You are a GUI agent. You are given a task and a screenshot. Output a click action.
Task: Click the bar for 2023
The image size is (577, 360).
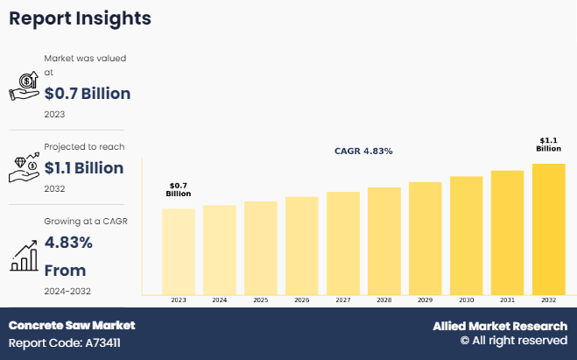coord(178,251)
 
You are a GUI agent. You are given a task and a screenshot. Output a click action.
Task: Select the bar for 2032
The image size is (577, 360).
coord(548,228)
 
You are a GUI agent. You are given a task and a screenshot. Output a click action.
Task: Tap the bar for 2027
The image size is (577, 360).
coord(342,243)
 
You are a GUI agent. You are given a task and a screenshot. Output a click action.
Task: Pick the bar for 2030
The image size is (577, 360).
coord(466,235)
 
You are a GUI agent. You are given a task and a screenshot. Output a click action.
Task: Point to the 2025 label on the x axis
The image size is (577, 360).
coord(260,300)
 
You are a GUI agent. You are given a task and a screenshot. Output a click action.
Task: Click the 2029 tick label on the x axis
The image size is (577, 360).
coord(425,300)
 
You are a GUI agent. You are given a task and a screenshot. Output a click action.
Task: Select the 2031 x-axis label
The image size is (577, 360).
coord(507,300)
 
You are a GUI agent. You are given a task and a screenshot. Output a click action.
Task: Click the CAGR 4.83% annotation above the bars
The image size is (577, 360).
coord(363,152)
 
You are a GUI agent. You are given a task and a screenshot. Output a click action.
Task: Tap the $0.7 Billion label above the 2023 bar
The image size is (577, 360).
coord(178,190)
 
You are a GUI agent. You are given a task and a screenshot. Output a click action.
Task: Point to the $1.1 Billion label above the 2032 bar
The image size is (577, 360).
coord(548,145)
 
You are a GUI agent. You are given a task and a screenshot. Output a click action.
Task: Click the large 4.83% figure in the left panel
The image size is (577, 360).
coord(69,243)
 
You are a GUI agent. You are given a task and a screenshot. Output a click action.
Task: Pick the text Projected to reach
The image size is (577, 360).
coord(84,146)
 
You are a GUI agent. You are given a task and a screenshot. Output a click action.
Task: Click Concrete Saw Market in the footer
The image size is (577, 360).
coord(72,326)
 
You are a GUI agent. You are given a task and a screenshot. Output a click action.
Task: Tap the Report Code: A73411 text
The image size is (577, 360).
coord(65,342)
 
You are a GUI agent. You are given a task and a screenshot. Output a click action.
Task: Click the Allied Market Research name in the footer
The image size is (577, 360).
coord(500,326)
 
